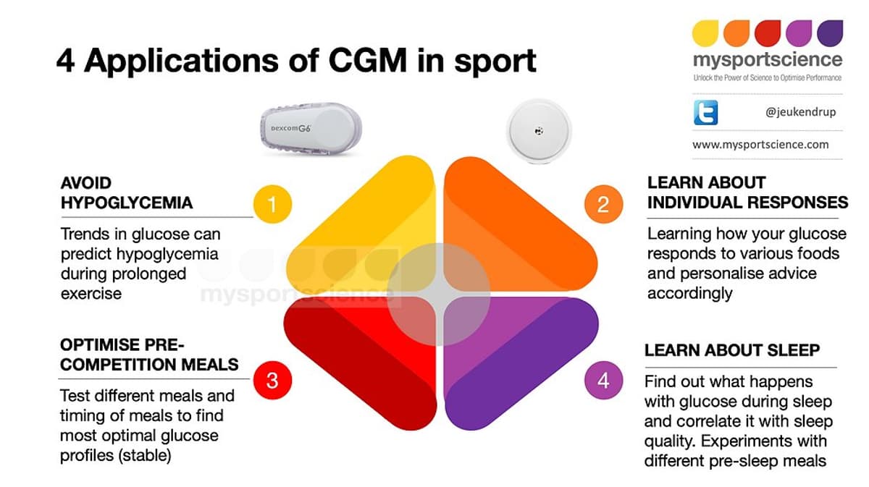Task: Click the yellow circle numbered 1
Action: pyautogui.click(x=272, y=205)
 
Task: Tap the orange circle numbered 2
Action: pyautogui.click(x=603, y=205)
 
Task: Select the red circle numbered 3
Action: pyautogui.click(x=272, y=380)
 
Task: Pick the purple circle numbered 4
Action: pyautogui.click(x=603, y=380)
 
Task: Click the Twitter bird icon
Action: pyautogui.click(x=707, y=114)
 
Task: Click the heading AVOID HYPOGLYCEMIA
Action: pyautogui.click(x=126, y=193)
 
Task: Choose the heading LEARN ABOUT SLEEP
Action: pyautogui.click(x=732, y=350)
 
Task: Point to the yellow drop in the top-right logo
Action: pyautogui.click(x=706, y=33)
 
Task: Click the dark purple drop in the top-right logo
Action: pyautogui.click(x=830, y=33)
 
